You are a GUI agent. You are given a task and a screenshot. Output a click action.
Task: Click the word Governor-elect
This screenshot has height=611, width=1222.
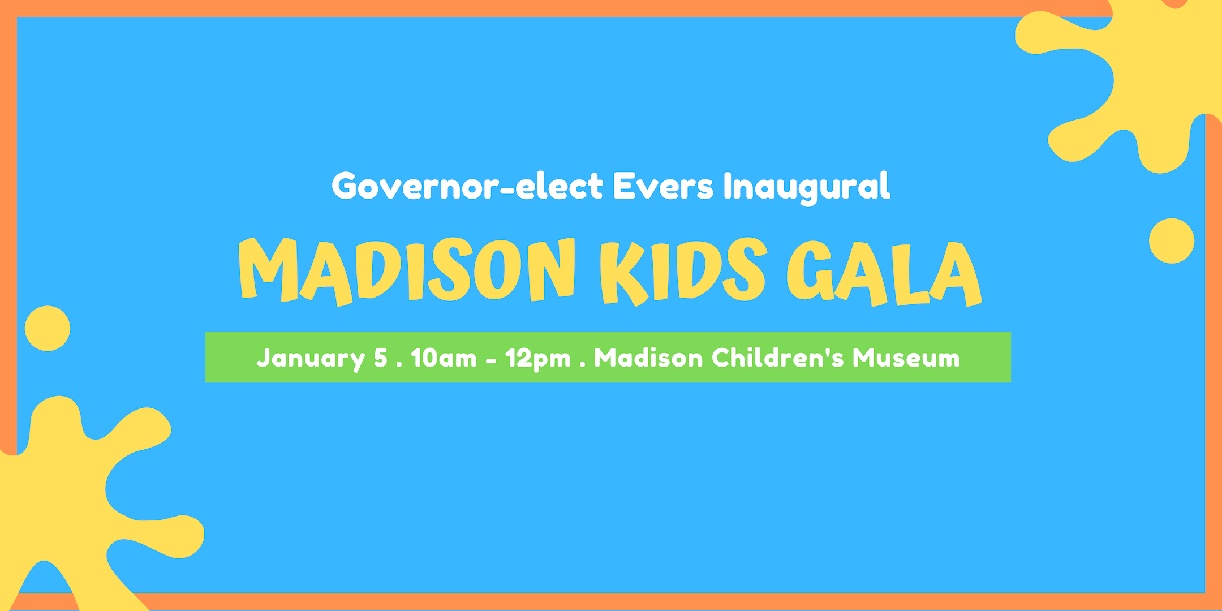(x=468, y=186)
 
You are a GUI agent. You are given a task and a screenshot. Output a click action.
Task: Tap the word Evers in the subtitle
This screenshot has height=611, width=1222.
(x=663, y=186)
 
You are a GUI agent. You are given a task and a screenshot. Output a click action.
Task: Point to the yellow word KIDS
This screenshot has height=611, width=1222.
(x=683, y=272)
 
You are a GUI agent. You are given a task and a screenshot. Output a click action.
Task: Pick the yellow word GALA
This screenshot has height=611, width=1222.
(x=884, y=273)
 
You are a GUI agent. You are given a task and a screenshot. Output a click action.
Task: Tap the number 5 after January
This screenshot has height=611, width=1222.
(x=381, y=358)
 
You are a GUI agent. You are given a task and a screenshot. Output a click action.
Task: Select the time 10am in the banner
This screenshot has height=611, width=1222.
(x=444, y=358)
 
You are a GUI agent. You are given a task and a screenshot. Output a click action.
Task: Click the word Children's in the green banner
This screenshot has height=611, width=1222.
(x=778, y=358)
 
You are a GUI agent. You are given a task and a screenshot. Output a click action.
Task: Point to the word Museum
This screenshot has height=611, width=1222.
(x=906, y=358)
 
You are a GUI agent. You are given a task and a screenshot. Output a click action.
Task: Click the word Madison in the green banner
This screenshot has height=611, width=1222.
(x=648, y=358)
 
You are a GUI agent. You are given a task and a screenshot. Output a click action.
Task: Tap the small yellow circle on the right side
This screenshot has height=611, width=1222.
(x=1172, y=241)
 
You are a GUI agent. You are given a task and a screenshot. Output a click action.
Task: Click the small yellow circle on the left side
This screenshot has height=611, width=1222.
(x=48, y=329)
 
